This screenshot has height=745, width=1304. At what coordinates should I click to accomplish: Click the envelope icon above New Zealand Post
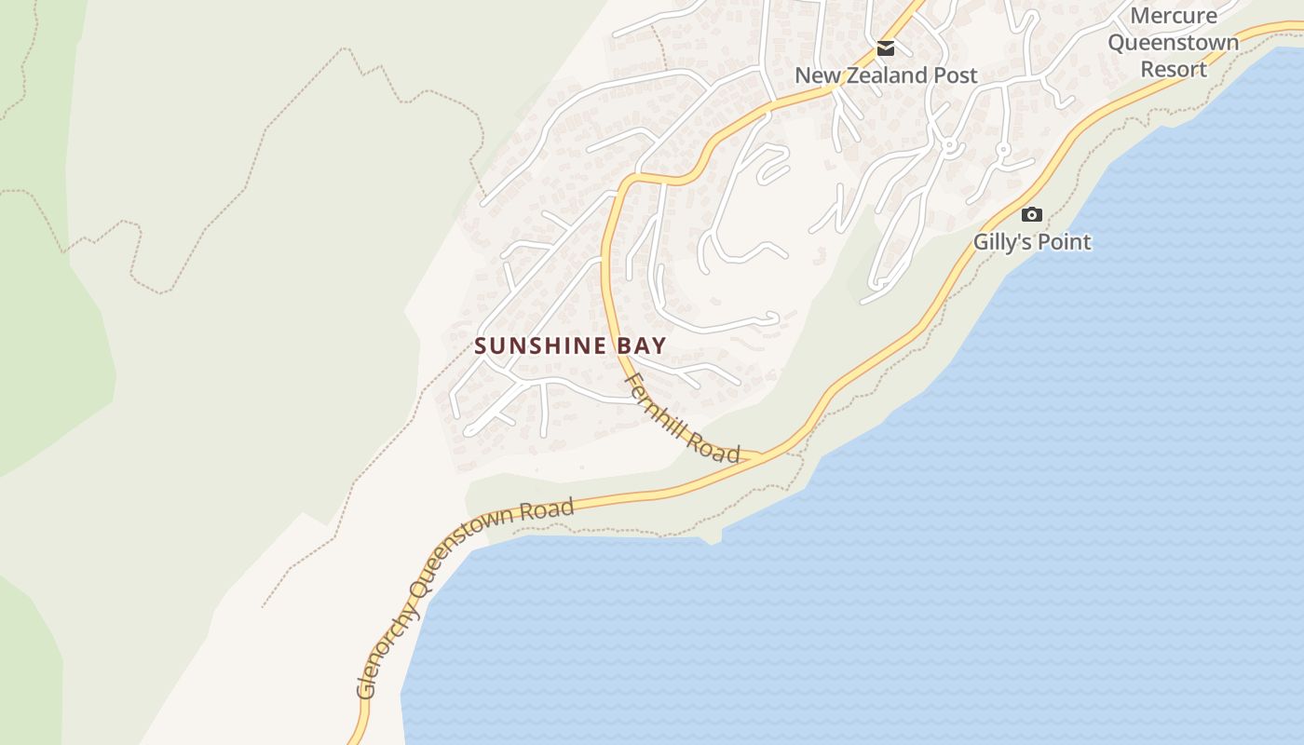pos(885,47)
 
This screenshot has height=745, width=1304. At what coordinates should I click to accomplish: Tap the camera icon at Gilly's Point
pos(1031,214)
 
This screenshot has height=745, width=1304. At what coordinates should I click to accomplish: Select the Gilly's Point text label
pos(1032,242)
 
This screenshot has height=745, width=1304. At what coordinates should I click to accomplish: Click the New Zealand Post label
pos(886,75)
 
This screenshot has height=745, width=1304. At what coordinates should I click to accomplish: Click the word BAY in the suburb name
pos(641,346)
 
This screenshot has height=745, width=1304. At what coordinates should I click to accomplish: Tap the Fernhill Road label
pos(683,418)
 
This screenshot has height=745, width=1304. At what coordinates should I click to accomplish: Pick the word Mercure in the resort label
pos(1174,16)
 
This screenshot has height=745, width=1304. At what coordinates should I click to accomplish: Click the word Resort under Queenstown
pos(1174,69)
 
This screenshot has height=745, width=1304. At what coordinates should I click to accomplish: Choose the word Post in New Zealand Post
pos(956,75)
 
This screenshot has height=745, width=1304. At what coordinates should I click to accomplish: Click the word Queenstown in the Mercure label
pos(1174,43)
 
